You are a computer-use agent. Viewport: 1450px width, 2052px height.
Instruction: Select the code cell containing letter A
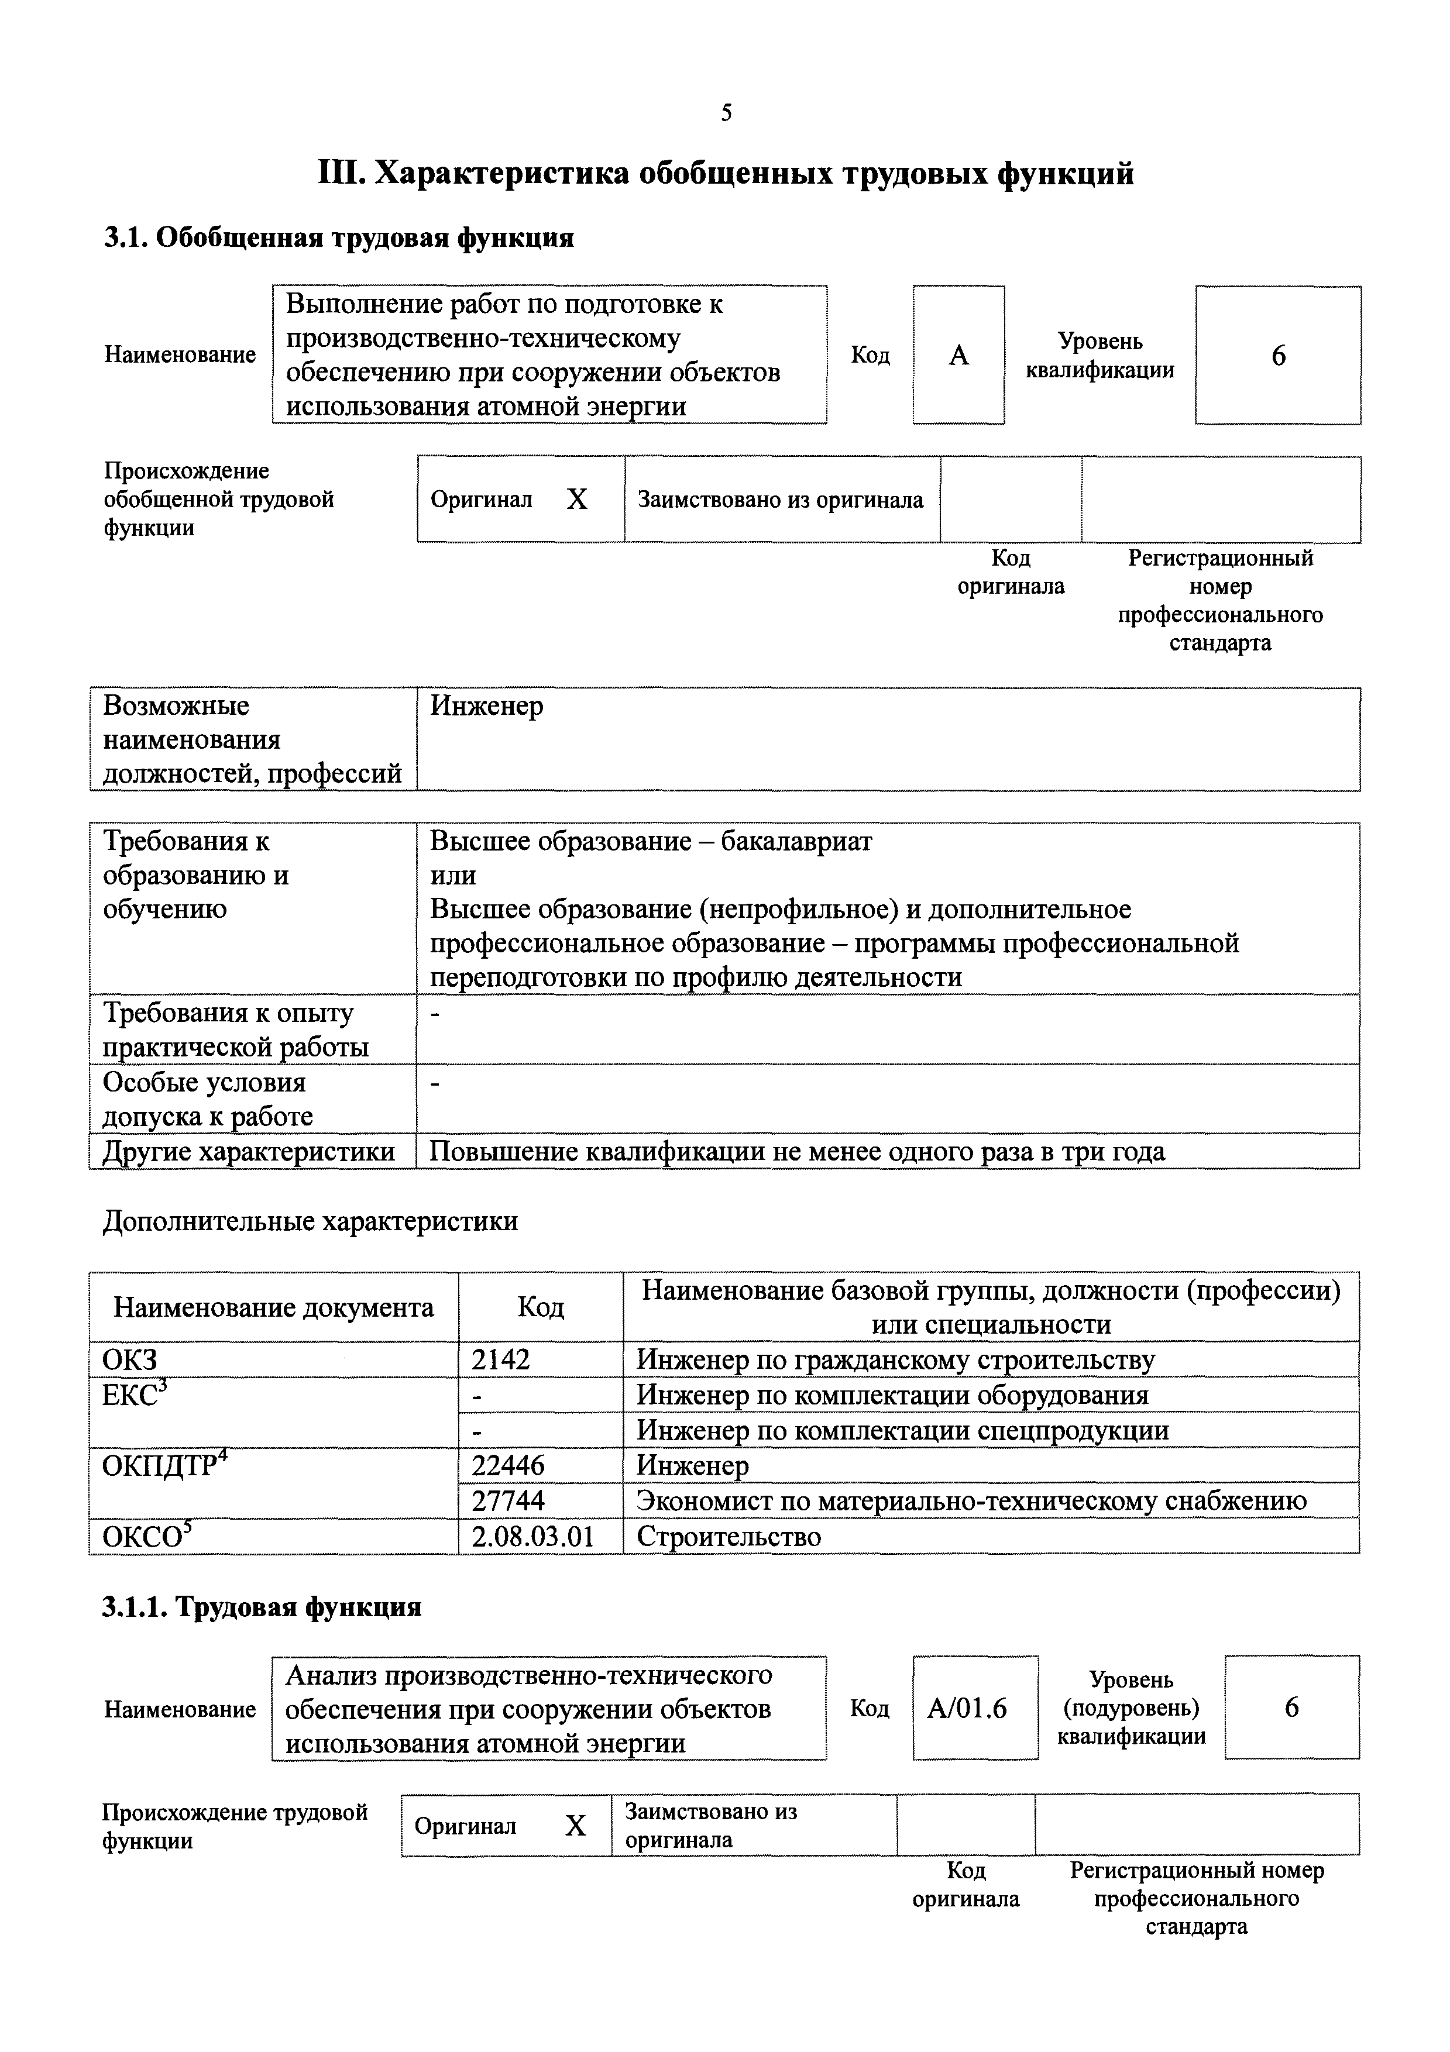pyautogui.click(x=958, y=356)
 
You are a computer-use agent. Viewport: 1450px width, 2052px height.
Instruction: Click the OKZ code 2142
pyautogui.click(x=501, y=1359)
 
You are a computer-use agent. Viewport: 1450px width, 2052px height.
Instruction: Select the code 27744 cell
pyautogui.click(x=508, y=1500)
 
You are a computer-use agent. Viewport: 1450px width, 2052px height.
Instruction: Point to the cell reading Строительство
pyautogui.click(x=729, y=1536)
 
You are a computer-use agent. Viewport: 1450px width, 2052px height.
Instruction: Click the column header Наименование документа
pyautogui.click(x=273, y=1307)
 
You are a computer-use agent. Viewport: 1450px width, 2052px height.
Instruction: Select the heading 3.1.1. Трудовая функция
pyautogui.click(x=261, y=1607)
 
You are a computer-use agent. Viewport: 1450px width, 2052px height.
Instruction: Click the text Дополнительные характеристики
pyautogui.click(x=310, y=1221)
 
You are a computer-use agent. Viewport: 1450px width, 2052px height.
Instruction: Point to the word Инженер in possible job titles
pyautogui.click(x=486, y=706)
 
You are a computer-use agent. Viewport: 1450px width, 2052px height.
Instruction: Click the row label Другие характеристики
pyautogui.click(x=249, y=1151)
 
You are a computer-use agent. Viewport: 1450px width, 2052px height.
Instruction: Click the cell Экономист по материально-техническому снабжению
pyautogui.click(x=971, y=1500)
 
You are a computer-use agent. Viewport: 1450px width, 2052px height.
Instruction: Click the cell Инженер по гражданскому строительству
pyautogui.click(x=895, y=1359)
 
